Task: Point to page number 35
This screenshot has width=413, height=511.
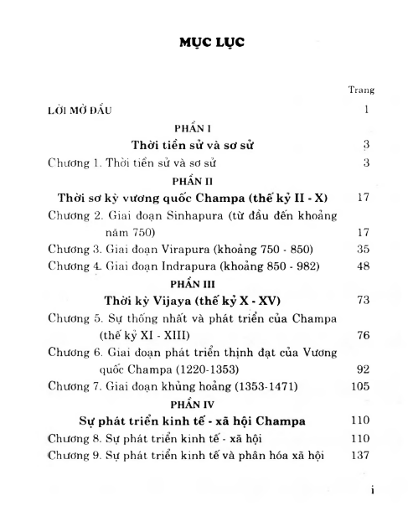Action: pyautogui.click(x=362, y=250)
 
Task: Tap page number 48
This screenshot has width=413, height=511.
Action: pyautogui.click(x=362, y=266)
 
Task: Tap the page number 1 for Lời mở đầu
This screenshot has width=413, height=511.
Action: pyautogui.click(x=366, y=110)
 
